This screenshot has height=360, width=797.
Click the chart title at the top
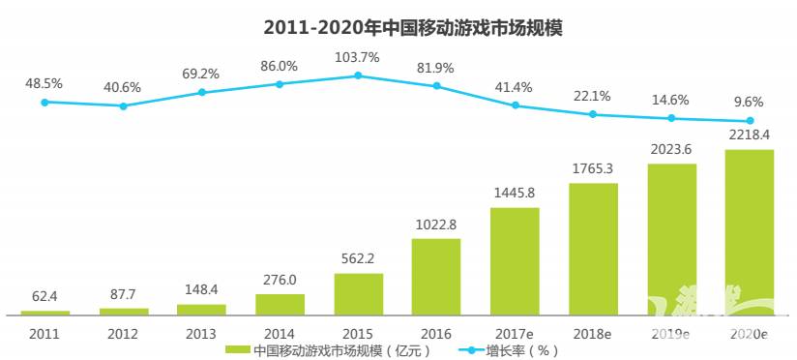398,28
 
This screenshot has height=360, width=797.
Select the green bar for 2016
436,276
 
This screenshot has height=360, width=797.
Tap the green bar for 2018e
593,249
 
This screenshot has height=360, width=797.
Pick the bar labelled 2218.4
750,232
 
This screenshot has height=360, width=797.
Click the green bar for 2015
358,294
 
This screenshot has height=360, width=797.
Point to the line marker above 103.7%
358,75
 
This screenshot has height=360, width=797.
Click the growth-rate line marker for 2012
123,105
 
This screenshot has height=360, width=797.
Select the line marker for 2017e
515,105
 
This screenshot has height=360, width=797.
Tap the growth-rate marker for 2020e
750,121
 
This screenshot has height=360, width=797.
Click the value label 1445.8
515,193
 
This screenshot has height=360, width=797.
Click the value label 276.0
280,280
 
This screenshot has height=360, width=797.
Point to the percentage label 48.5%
44,83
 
